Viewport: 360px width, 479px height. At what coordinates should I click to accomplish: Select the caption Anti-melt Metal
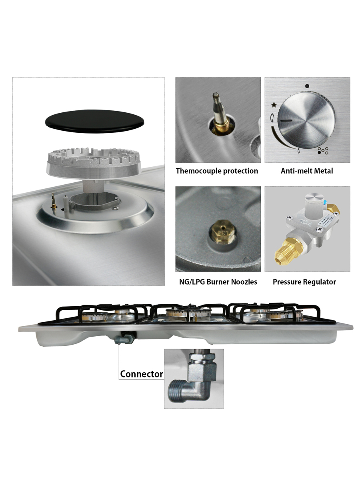pos(307,171)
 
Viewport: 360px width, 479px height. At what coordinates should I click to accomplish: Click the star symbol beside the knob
pos(274,105)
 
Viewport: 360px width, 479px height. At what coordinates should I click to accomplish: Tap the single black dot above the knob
pos(307,86)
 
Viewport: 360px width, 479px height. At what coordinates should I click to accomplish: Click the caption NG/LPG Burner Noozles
pos(218,282)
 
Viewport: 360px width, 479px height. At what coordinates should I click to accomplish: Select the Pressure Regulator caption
pos(304,282)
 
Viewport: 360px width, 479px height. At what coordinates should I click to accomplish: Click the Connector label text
pos(142,374)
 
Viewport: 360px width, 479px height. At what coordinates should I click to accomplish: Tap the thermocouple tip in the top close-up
pos(216,98)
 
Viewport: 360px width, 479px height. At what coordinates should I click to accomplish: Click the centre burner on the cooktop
pos(186,313)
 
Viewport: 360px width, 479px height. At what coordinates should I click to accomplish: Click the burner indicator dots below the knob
pos(322,151)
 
